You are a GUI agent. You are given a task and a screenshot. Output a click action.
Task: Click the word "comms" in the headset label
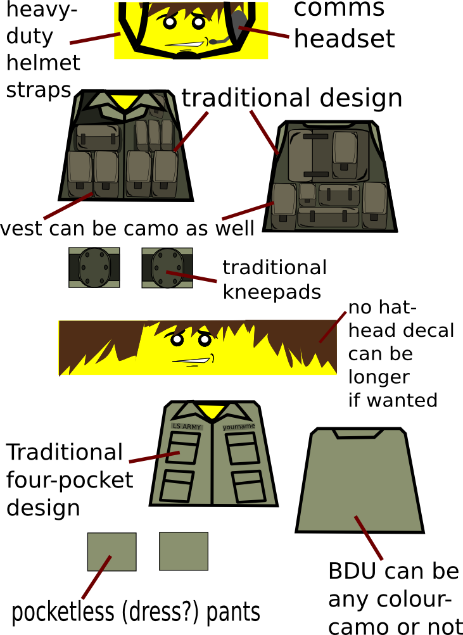[x=339, y=9]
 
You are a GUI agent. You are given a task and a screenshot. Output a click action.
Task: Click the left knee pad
[x=94, y=267]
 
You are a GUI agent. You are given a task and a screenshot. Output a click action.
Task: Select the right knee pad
[x=167, y=267]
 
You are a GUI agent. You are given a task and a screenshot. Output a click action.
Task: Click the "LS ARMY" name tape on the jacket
[x=187, y=427]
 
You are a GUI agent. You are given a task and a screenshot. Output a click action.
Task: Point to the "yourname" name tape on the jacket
[x=239, y=427]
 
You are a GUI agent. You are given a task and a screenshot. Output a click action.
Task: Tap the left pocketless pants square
[x=111, y=552]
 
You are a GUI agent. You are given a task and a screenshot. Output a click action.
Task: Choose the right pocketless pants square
[x=184, y=551]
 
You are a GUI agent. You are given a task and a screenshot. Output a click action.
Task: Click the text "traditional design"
[x=291, y=99]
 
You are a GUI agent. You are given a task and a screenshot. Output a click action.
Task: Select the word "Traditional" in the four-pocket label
[x=64, y=453]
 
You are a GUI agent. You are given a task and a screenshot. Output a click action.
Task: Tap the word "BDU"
[x=352, y=571]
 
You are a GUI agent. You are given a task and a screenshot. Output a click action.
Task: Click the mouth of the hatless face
[x=189, y=362]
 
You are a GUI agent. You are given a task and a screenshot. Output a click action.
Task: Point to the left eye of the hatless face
[x=177, y=340]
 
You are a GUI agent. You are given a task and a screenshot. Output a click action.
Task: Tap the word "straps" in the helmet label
[x=37, y=90]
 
